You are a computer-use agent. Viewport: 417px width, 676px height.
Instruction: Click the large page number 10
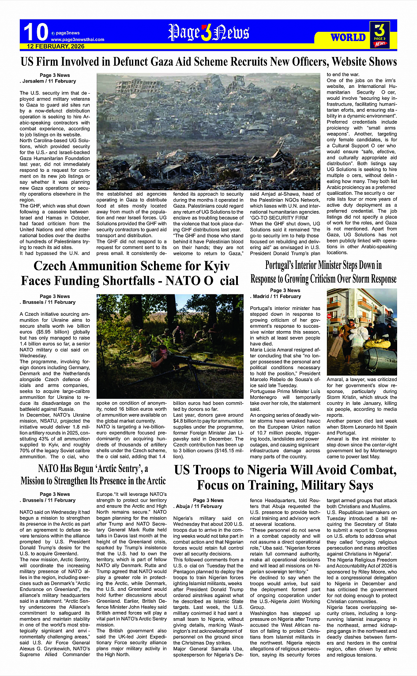click(35, 33)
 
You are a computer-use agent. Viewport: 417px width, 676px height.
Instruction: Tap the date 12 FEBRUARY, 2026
click(56, 46)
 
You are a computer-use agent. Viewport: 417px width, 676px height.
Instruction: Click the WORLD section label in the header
click(348, 38)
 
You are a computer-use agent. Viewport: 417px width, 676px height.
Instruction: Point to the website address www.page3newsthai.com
click(78, 39)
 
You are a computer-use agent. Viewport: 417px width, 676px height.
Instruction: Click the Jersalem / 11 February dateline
click(49, 81)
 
